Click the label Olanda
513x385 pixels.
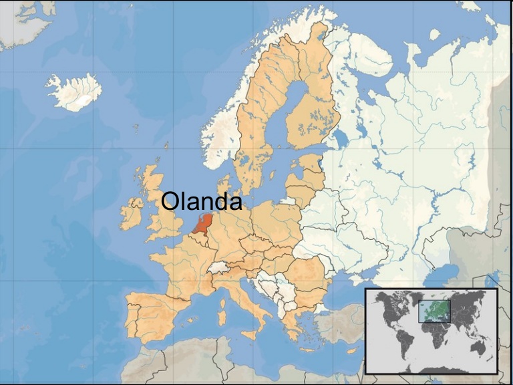(x=202, y=201)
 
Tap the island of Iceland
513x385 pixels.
(x=73, y=92)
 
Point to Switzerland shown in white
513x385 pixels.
(x=217, y=267)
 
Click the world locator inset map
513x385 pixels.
(x=432, y=330)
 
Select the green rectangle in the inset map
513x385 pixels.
(x=434, y=311)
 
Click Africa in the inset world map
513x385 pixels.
(x=438, y=334)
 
